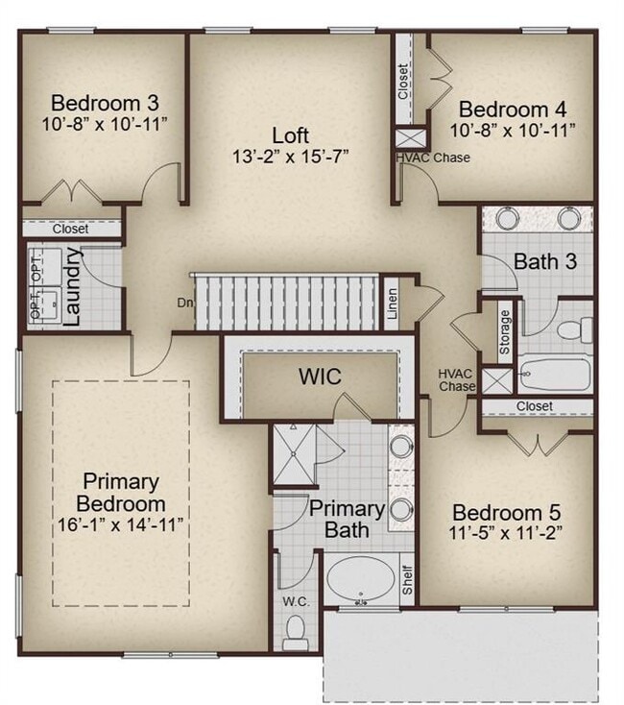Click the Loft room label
pyautogui.click(x=289, y=134)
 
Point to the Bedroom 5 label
pyautogui.click(x=507, y=511)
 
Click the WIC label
pyautogui.click(x=318, y=377)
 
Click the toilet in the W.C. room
pyautogui.click(x=297, y=629)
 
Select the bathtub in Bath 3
pyautogui.click(x=555, y=372)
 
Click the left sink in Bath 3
pyautogui.click(x=509, y=218)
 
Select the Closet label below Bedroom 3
pyautogui.click(x=70, y=230)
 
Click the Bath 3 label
pyautogui.click(x=545, y=260)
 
